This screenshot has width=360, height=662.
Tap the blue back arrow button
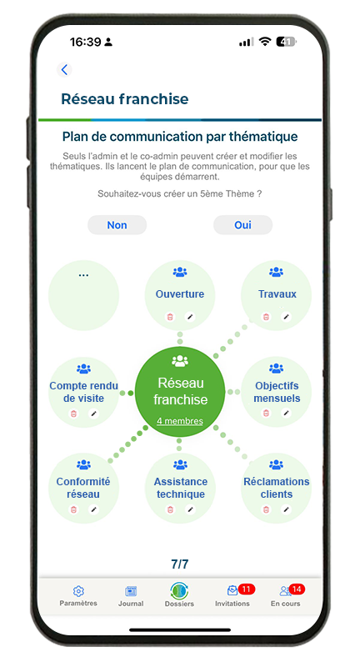(x=64, y=70)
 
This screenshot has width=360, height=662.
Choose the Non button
(x=117, y=225)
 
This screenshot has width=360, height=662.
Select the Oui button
(x=242, y=225)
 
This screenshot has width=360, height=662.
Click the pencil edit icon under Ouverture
(x=190, y=317)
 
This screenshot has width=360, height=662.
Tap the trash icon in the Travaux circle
(x=266, y=317)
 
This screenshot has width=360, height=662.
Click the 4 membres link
(x=180, y=421)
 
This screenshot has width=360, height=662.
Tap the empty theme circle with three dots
(x=83, y=295)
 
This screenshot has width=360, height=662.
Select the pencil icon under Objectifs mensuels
(x=287, y=413)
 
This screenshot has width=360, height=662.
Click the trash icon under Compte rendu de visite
(x=73, y=414)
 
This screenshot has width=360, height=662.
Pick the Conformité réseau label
(x=83, y=488)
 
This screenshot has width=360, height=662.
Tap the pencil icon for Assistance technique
(x=190, y=509)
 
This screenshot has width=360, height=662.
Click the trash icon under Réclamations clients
(x=266, y=509)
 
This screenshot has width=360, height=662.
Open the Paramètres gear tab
(x=78, y=591)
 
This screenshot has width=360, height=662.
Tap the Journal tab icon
(x=131, y=591)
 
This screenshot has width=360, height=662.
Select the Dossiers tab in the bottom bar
(x=179, y=594)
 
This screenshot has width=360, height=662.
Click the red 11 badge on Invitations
(x=247, y=589)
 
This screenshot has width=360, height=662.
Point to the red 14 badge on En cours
(x=297, y=589)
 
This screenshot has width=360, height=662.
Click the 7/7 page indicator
(x=180, y=564)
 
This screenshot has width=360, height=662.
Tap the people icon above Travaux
(x=277, y=272)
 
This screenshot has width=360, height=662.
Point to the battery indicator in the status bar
(x=287, y=42)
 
